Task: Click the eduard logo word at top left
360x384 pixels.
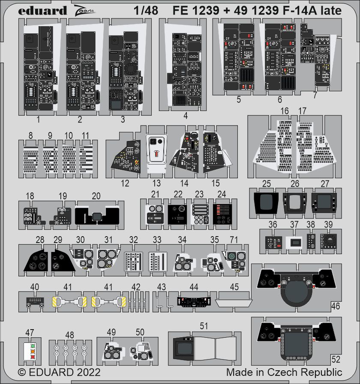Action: (x=42, y=10)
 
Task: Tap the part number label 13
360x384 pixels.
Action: (x=157, y=183)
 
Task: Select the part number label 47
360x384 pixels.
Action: (x=29, y=332)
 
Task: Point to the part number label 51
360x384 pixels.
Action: (x=204, y=326)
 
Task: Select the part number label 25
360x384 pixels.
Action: (x=267, y=184)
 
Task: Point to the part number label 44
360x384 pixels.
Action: (x=194, y=287)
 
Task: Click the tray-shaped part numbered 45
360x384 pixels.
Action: (x=234, y=303)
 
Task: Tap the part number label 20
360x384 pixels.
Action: (x=96, y=196)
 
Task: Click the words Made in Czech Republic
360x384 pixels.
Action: (x=284, y=372)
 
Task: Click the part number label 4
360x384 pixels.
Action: (x=185, y=115)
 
